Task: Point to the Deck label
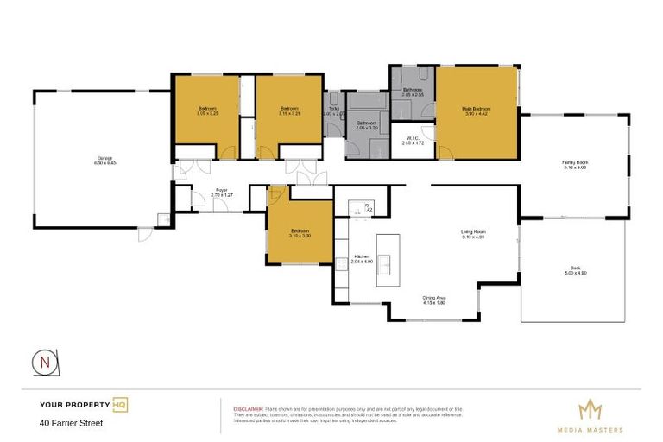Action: coord(574,270)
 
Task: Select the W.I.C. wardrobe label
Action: coord(412,140)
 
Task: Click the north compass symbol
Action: coord(42,363)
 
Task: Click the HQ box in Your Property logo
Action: coord(120,404)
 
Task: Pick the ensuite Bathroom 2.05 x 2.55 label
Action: coord(413,92)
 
